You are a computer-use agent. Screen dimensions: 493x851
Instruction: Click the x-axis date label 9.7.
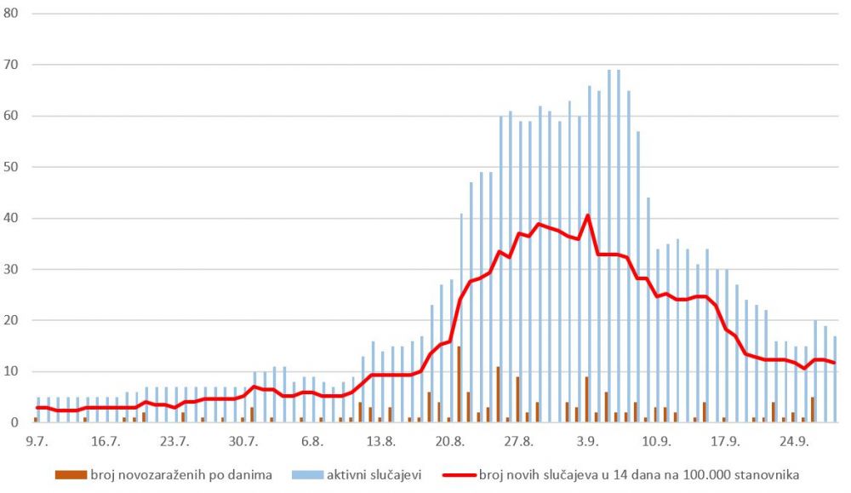coord(37,441)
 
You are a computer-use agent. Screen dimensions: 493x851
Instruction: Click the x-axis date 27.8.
coord(518,441)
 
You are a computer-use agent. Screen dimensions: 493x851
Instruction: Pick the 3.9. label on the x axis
coord(587,441)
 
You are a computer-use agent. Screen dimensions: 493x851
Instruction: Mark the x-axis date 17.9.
coord(725,441)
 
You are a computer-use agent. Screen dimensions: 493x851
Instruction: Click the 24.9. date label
coord(794,441)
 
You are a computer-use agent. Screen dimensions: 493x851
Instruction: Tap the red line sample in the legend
coord(458,474)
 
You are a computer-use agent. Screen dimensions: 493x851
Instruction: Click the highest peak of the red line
coord(588,215)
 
